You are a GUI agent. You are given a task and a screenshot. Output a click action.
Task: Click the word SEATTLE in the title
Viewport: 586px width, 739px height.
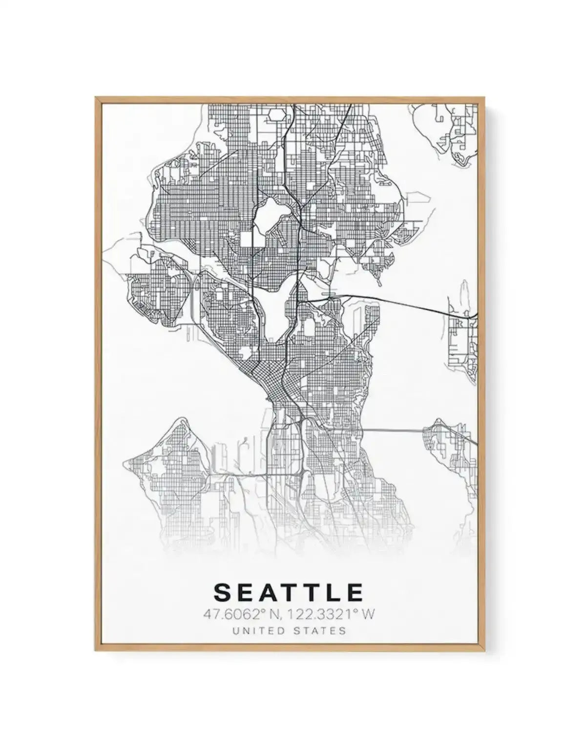[289, 592]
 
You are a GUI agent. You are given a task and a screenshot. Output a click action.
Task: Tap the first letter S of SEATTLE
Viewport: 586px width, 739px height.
[222, 592]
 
